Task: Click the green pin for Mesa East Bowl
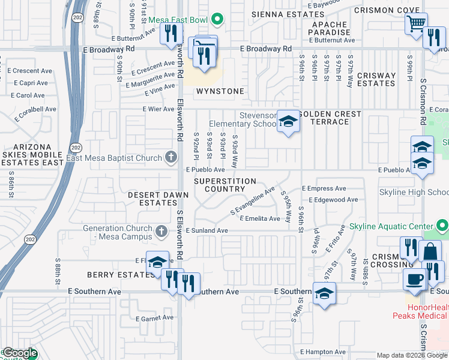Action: point(217,20)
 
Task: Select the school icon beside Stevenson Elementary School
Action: point(288,122)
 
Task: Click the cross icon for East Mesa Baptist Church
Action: point(171,158)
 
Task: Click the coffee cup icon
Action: point(414,279)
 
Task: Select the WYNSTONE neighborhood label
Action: point(220,91)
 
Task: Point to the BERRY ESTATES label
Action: point(113,273)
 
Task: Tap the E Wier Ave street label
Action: point(158,109)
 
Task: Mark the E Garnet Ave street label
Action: point(154,319)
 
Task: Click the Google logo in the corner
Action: point(20,354)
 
